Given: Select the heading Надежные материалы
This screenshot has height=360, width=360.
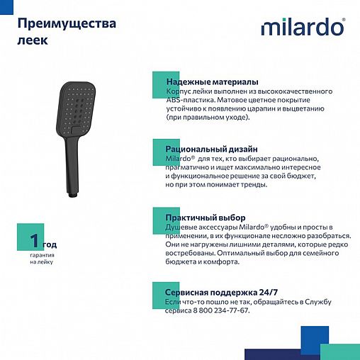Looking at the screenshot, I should point(211,82).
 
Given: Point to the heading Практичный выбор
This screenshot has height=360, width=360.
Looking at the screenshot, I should point(205,217).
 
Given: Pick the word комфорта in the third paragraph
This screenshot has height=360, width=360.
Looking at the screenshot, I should point(219,261).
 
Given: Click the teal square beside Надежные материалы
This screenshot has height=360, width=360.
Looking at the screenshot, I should point(159,82).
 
